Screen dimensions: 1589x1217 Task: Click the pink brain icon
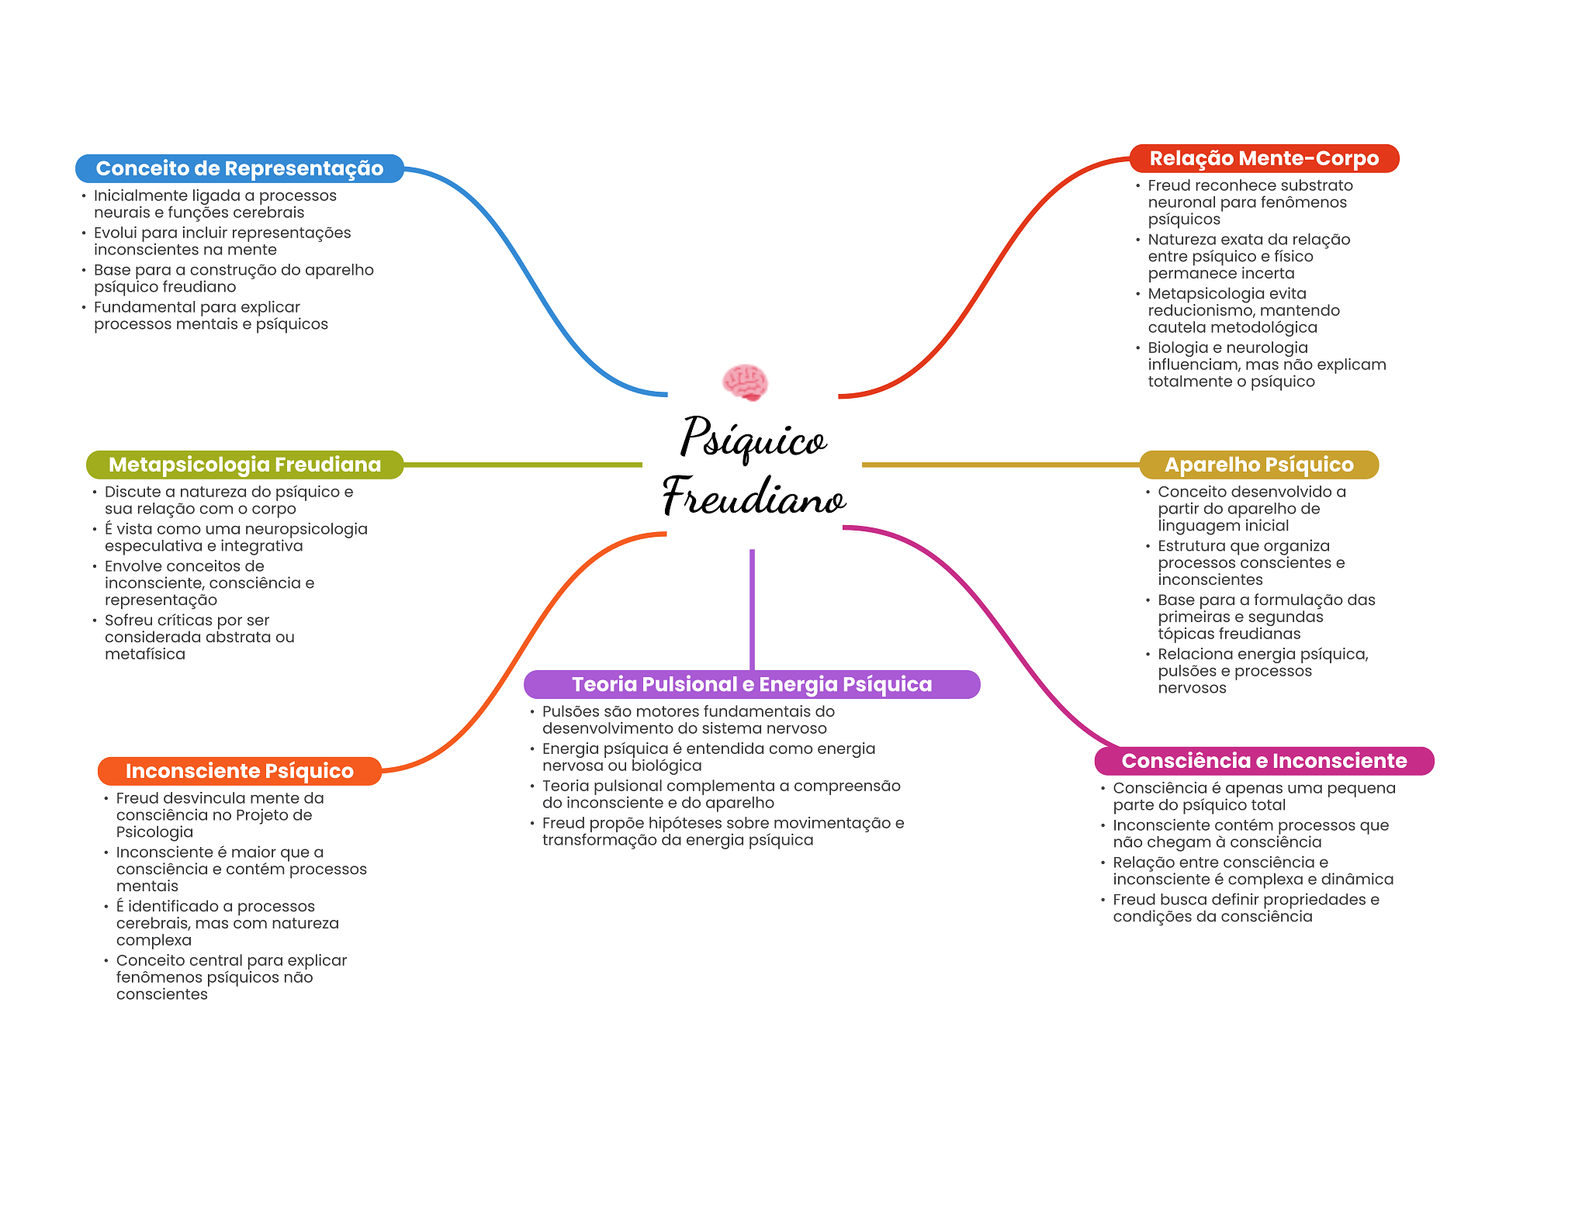point(745,382)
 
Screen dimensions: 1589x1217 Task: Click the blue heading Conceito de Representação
point(240,168)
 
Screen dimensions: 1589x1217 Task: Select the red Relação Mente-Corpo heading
point(1264,158)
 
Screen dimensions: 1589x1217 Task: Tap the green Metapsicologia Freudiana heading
point(244,465)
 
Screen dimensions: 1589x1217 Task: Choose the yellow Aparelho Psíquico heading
point(1259,465)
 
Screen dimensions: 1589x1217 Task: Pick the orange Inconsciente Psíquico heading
point(240,771)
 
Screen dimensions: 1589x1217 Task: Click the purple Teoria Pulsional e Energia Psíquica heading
point(752,684)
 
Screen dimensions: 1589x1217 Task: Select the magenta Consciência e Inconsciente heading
point(1264,761)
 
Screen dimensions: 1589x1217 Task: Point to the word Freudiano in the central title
point(753,496)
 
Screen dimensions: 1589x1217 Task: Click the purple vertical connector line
point(752,610)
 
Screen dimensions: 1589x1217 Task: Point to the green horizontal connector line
point(523,465)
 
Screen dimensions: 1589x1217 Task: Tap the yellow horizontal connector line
point(1001,465)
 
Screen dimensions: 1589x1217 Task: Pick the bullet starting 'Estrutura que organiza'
point(1246,563)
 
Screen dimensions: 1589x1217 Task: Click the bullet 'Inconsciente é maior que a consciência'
point(236,870)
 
